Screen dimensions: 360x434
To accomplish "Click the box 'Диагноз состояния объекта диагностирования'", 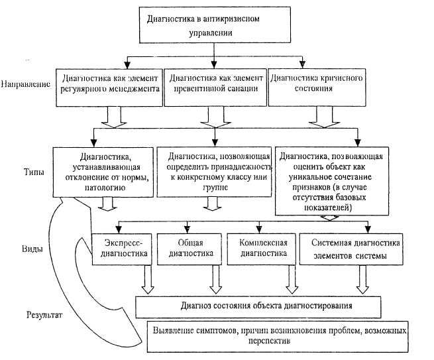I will click(258, 306).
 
